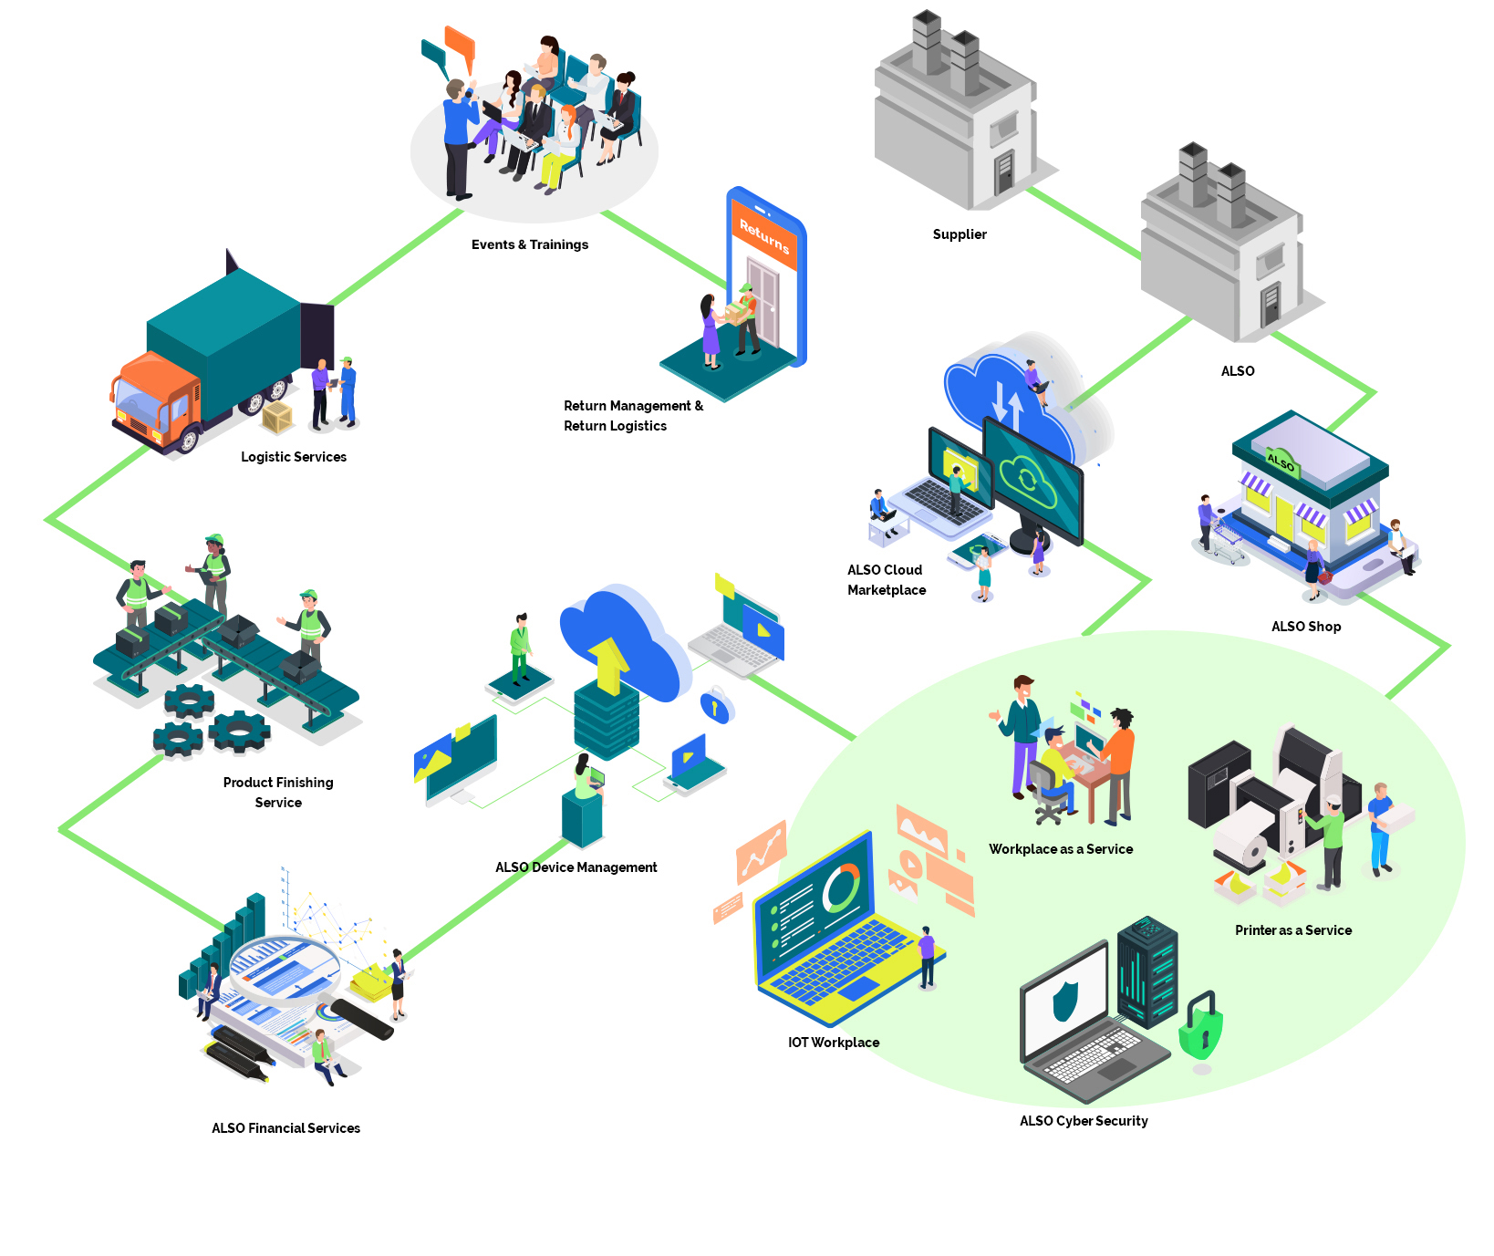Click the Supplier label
click(x=960, y=234)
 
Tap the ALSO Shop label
click(x=1306, y=627)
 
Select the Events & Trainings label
click(x=529, y=244)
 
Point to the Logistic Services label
click(x=294, y=457)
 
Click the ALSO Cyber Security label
click(x=1084, y=1121)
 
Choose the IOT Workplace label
click(x=834, y=1043)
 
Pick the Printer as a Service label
click(x=1293, y=930)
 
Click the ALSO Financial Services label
click(x=285, y=1128)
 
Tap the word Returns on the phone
click(x=764, y=236)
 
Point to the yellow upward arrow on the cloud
click(x=608, y=664)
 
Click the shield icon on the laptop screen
click(x=1064, y=1001)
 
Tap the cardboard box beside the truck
click(x=277, y=417)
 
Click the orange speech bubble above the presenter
click(x=461, y=46)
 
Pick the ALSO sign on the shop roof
click(x=1281, y=462)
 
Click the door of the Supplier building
click(x=1004, y=172)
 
